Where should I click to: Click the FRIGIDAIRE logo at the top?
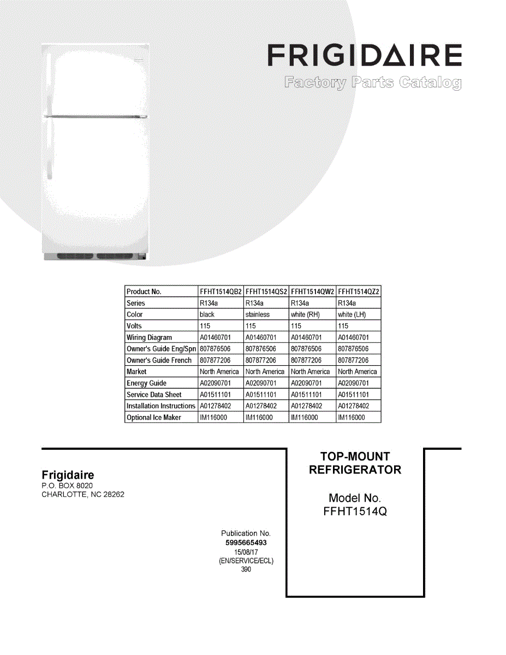coord(365,56)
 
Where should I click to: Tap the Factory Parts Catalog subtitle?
coord(372,83)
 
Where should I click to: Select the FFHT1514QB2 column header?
coord(221,291)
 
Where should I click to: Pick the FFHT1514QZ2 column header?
coord(359,291)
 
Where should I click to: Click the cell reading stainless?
coord(258,314)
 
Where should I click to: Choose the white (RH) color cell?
coord(305,314)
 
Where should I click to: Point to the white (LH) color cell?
coord(352,314)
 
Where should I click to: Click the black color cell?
coord(207,314)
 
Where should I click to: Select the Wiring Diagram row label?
coord(149,337)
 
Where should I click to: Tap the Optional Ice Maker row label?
coord(154,418)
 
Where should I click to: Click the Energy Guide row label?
coord(146,383)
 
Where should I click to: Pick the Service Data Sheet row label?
coord(154,395)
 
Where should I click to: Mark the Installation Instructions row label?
coord(160,406)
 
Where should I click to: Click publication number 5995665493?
coord(246,543)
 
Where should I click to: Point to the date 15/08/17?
coord(246,552)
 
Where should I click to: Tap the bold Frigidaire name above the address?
coord(68,475)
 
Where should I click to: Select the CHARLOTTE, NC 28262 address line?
coord(83,495)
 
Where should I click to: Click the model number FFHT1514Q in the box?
coord(355,511)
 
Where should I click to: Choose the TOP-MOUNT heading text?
coord(355,456)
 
